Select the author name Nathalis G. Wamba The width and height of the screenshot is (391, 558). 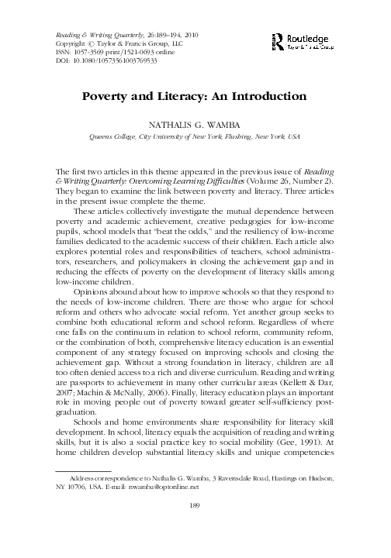pos(195,122)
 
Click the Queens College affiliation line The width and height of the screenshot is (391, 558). pos(195,136)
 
